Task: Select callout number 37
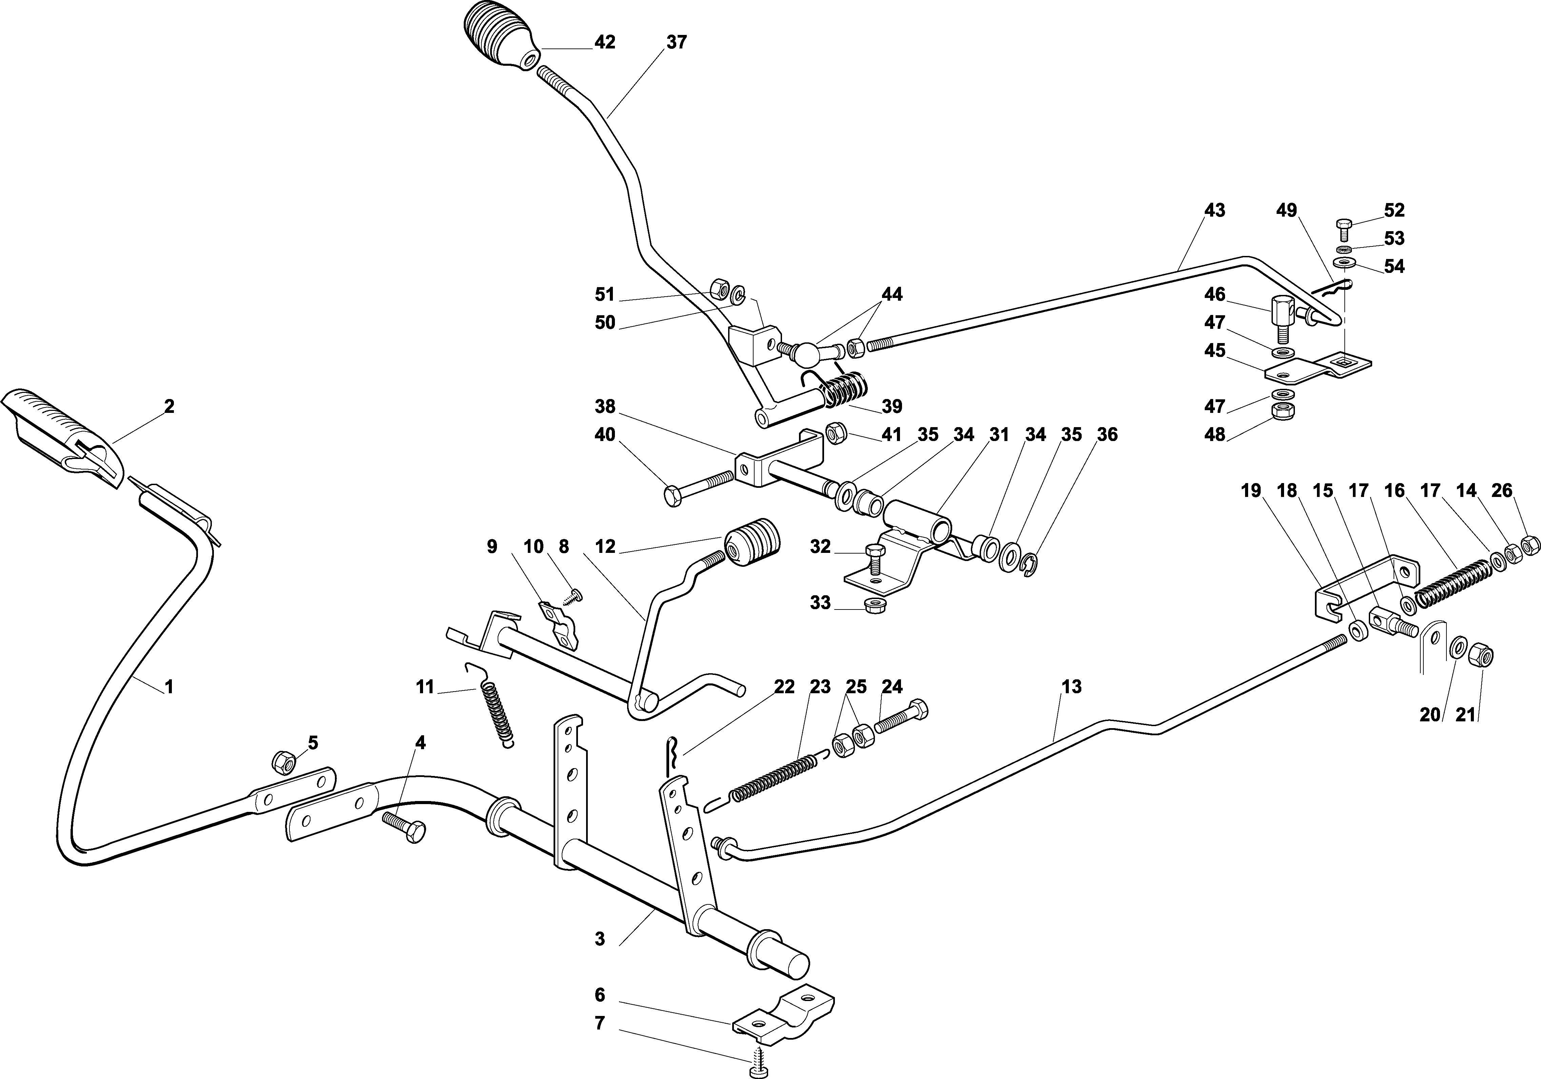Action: pos(677,42)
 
